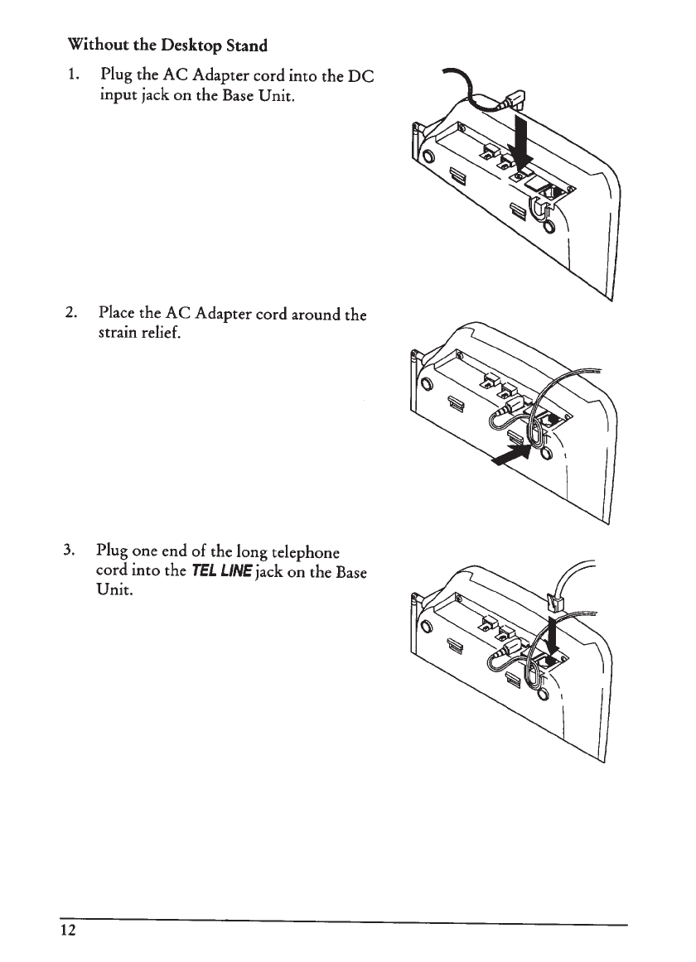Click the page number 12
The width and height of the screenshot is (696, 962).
tap(68, 930)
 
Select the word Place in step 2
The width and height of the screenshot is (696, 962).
tap(116, 314)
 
